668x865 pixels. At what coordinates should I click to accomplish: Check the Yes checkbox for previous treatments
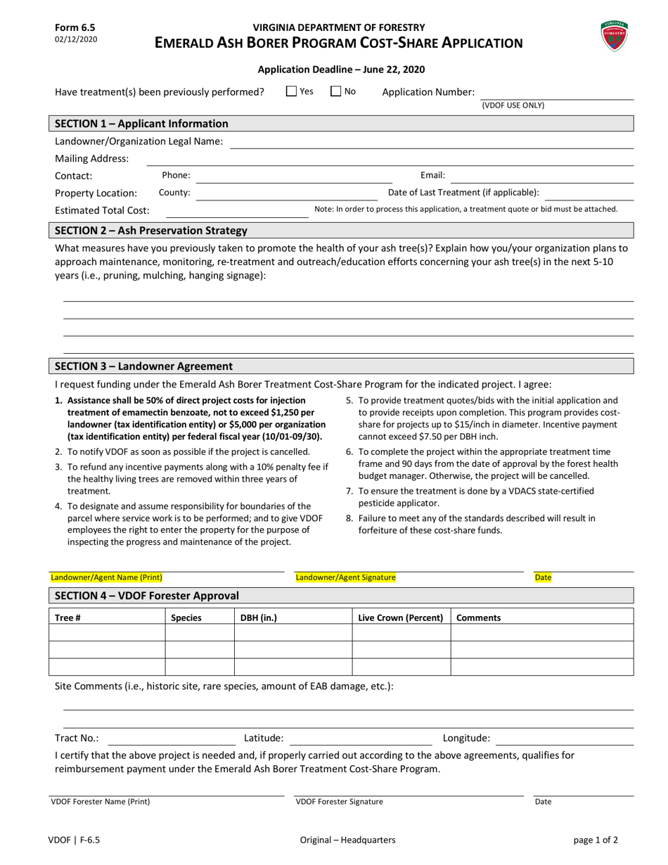(292, 91)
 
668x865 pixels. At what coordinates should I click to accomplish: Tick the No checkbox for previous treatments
(336, 91)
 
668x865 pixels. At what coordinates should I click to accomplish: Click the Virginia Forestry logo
(614, 36)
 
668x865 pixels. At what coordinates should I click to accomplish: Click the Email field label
(432, 175)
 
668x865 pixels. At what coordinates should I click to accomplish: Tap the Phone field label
(176, 175)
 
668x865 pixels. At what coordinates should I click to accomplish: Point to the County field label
(174, 192)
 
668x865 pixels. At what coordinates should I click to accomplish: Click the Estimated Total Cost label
(102, 210)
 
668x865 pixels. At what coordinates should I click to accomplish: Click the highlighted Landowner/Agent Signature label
(345, 577)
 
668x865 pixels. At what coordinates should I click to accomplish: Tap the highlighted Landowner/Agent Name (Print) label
(106, 577)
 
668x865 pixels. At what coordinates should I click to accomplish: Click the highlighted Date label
(543, 577)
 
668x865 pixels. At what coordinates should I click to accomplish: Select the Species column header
(186, 617)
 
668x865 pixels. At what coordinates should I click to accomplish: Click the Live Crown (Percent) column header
(400, 617)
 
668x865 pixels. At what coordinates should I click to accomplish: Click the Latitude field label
(264, 738)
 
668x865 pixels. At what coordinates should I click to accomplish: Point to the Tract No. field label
(77, 738)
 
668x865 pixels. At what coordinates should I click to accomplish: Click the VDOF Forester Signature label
(339, 801)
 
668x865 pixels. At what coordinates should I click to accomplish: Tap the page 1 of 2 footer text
(596, 839)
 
